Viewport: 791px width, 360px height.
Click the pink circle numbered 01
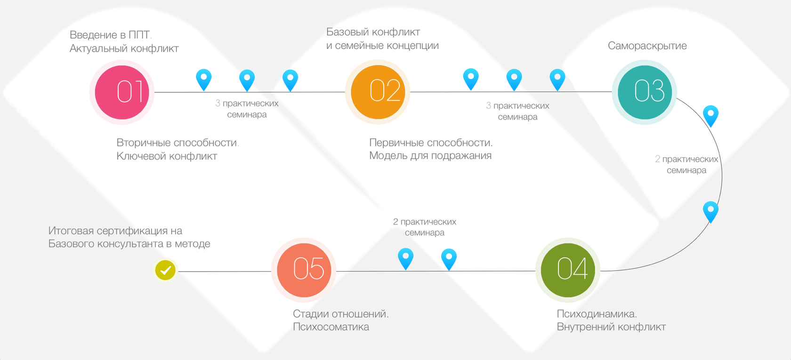coord(122,92)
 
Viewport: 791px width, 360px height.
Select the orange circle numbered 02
coord(378,92)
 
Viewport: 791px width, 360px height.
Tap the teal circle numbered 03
coord(645,92)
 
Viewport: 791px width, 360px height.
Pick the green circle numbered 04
coord(568,270)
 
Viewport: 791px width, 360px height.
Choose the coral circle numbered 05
coord(304,270)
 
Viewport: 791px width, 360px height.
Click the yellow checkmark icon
coord(165,270)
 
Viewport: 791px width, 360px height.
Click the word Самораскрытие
coord(647,46)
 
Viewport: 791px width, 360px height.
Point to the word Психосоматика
coord(331,327)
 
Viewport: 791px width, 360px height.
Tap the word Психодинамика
coord(596,314)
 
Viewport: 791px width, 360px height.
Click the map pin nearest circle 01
coord(204,79)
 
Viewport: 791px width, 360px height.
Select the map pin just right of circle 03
coord(710,115)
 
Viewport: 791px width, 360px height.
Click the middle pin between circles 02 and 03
coord(514,79)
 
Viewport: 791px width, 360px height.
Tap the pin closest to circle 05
coord(405,258)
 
